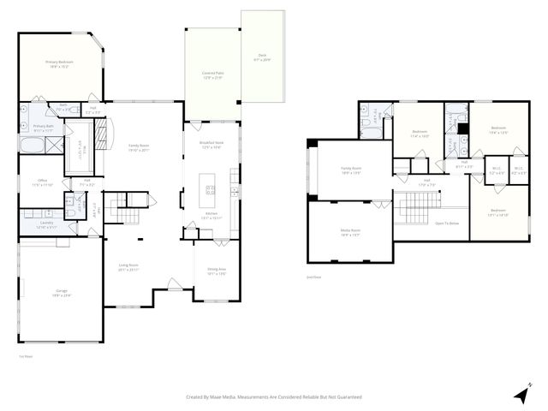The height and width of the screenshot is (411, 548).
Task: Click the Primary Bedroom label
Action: (x=57, y=64)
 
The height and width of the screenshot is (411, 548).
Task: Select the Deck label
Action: (x=261, y=58)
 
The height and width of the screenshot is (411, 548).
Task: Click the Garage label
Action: (x=63, y=293)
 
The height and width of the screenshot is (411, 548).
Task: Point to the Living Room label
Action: (x=128, y=267)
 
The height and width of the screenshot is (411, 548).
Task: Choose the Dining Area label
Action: (x=216, y=272)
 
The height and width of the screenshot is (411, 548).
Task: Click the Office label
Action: (x=43, y=183)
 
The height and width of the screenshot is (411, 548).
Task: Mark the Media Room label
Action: (x=350, y=232)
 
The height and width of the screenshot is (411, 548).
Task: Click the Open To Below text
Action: (x=448, y=223)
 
